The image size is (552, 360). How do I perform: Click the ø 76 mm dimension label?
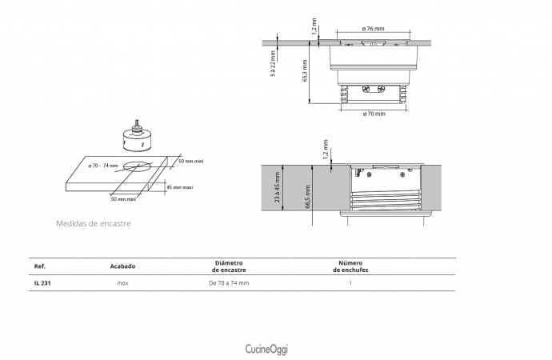pos(373,29)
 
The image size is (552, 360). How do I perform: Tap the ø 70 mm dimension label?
pos(374,114)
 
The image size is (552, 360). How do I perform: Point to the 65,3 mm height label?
pos(305,70)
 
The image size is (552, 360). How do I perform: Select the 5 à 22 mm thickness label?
pos(273,64)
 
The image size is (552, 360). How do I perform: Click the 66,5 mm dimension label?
pos(307,197)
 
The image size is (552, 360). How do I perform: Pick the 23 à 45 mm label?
pos(277,187)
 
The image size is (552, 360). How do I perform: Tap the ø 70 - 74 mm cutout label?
pos(103,166)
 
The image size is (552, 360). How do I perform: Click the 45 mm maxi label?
pos(179,187)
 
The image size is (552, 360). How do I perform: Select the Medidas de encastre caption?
pos(94,223)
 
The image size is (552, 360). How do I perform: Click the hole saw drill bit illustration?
pos(136,138)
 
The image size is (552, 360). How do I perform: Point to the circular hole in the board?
pos(136,166)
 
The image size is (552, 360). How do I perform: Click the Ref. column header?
pos(40,266)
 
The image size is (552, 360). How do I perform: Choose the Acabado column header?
pos(122,266)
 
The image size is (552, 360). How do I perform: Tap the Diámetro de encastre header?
pos(229,266)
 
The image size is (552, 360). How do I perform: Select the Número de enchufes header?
pos(350,266)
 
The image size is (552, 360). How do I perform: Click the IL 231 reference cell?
pos(42,283)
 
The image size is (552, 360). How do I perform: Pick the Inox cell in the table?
pos(122,283)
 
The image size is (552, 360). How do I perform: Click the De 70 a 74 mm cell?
pos(229,283)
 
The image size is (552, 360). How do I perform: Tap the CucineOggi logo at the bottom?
pos(266,349)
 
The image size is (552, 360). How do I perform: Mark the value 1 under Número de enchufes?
pos(350,283)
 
